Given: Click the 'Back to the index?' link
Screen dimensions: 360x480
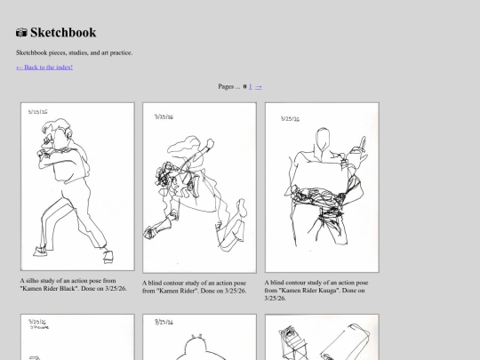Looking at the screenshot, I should click(44, 67).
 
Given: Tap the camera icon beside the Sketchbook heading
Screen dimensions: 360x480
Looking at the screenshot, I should click(21, 33).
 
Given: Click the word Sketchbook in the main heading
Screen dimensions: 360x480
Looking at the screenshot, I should click(63, 33).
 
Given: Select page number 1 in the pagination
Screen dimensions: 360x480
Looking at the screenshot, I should click(251, 87).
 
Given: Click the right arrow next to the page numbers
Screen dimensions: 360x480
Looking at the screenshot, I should click(259, 87).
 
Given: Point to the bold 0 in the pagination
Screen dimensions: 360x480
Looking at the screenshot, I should click(244, 87).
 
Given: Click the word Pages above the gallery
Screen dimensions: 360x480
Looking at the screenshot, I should click(227, 87).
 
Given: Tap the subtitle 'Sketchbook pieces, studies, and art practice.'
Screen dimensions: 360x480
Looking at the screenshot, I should click(75, 52).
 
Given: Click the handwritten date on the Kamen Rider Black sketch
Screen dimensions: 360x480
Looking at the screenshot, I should click(38, 113).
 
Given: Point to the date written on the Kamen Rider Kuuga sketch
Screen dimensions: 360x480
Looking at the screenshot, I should click(290, 117).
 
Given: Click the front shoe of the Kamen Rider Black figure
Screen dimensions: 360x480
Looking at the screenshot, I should click(108, 255).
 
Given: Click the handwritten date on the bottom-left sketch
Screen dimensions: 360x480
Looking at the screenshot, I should click(38, 324).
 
